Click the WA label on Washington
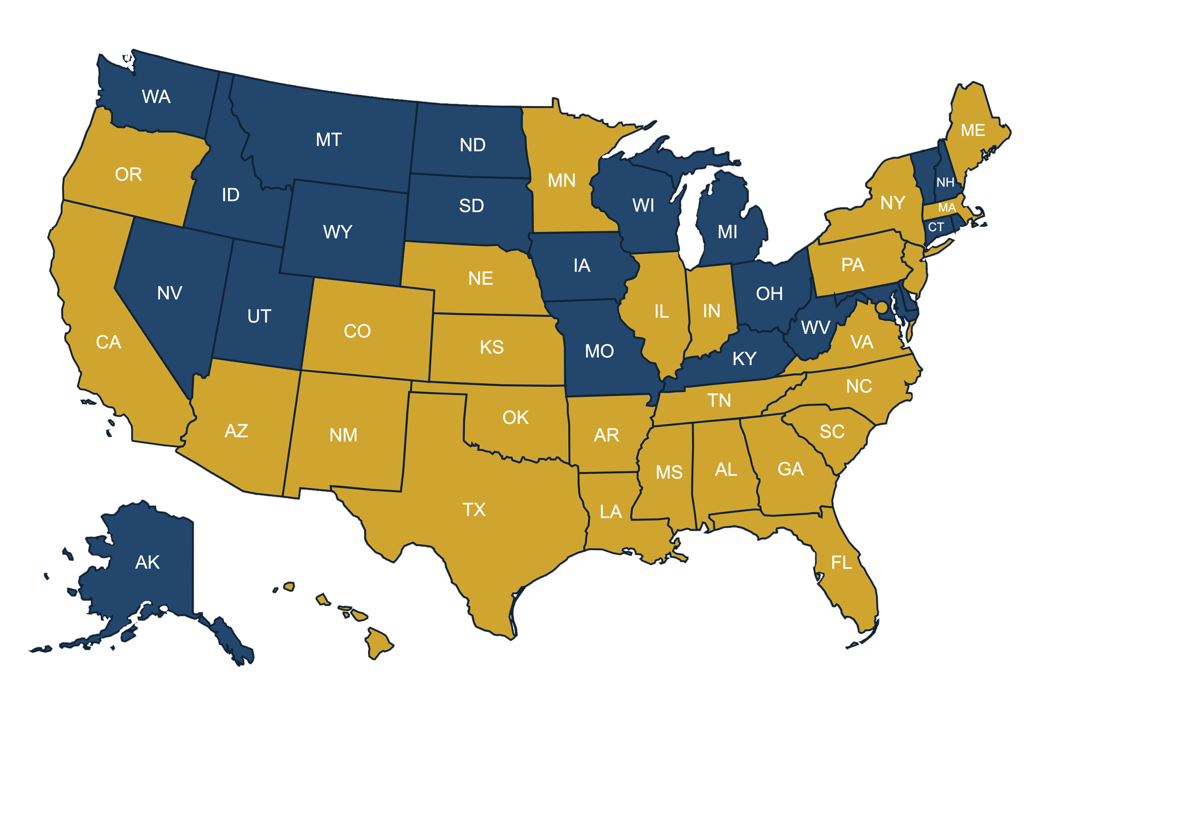click(156, 97)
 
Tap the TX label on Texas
click(474, 510)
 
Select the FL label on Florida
click(841, 563)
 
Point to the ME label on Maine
click(973, 130)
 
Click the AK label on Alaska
click(147, 562)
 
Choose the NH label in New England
click(945, 182)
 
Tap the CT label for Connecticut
click(935, 227)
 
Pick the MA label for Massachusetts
click(947, 208)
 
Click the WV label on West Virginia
click(816, 327)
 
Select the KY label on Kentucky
click(744, 359)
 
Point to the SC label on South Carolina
click(832, 431)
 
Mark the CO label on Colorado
click(357, 331)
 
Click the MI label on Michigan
click(727, 232)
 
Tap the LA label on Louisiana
click(610, 512)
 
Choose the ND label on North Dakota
click(472, 145)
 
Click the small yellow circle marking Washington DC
click(882, 307)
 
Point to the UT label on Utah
click(259, 316)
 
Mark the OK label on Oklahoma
click(515, 418)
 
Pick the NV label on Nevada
click(169, 293)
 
